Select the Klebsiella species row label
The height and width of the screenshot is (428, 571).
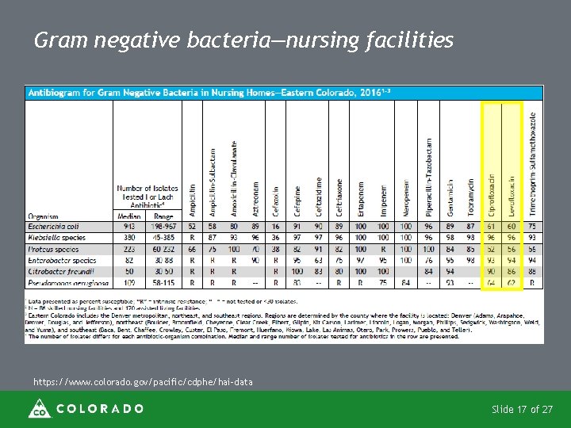click(56, 237)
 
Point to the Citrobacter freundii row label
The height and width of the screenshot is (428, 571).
click(58, 271)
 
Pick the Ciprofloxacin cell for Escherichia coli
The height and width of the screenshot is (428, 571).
click(492, 226)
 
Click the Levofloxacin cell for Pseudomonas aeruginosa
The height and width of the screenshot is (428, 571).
click(512, 282)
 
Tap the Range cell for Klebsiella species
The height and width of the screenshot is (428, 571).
click(163, 237)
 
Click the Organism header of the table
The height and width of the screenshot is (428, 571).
click(43, 215)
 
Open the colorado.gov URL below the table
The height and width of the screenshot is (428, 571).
click(143, 382)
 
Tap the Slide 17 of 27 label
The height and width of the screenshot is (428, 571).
click(522, 410)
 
